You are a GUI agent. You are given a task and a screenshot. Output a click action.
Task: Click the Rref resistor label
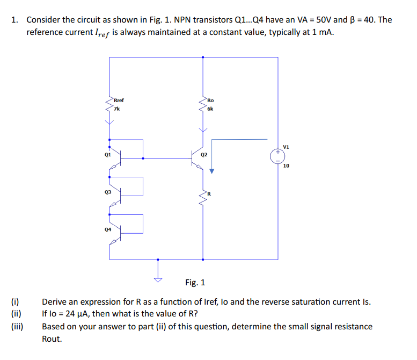[119, 100]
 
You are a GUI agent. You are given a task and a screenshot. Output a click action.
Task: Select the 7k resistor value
[117, 109]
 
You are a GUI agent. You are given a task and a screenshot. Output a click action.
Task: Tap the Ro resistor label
[211, 100]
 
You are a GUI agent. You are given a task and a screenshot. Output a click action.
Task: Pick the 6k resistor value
[210, 109]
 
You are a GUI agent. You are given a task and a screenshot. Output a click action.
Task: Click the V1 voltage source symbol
[278, 156]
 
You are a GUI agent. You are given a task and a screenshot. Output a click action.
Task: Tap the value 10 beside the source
[287, 166]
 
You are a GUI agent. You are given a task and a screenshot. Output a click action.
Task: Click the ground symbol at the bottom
[158, 279]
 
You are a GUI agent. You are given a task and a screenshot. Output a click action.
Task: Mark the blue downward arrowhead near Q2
[212, 171]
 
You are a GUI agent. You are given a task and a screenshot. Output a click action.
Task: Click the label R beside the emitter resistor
[210, 193]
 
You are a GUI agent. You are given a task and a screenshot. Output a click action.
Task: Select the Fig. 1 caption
[195, 283]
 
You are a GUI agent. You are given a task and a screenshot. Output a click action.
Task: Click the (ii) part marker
[16, 314]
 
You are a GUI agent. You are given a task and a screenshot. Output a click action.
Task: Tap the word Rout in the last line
[52, 339]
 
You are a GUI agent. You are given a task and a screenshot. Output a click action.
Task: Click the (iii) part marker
[17, 326]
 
